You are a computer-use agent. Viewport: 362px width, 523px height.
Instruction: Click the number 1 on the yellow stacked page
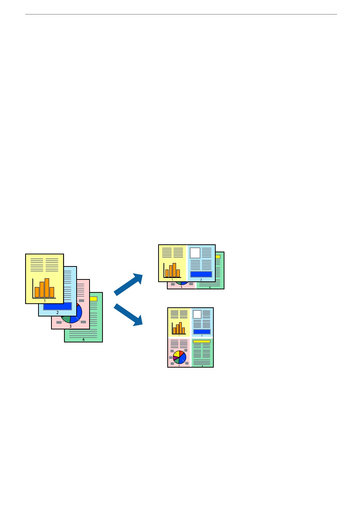coord(45,301)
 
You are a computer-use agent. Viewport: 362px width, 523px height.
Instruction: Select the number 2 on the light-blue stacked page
coord(58,313)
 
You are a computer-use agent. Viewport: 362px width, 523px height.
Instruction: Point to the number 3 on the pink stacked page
coord(70,326)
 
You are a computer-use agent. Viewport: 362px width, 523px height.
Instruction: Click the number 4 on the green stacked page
coord(83,339)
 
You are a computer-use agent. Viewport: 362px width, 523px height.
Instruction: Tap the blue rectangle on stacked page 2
coord(57,307)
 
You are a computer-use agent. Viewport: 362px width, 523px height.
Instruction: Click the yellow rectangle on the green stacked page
coord(94,299)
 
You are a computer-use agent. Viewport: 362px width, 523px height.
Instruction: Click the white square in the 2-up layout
coord(195,253)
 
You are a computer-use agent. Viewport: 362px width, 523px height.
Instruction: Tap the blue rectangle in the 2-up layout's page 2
coord(201,274)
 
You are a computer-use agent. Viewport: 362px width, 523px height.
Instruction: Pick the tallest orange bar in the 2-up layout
coord(174,270)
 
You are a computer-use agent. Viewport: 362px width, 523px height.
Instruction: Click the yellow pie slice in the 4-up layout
coord(176,354)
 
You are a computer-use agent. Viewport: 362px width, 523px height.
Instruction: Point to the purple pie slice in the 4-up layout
coord(175,358)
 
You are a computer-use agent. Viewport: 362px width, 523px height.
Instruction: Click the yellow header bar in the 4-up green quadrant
coord(202,341)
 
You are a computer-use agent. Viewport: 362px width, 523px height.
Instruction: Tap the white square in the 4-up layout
coord(197,314)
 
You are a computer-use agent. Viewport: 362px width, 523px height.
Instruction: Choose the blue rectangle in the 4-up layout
coord(202,332)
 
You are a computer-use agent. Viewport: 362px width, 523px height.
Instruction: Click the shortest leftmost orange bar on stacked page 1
coord(37,292)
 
